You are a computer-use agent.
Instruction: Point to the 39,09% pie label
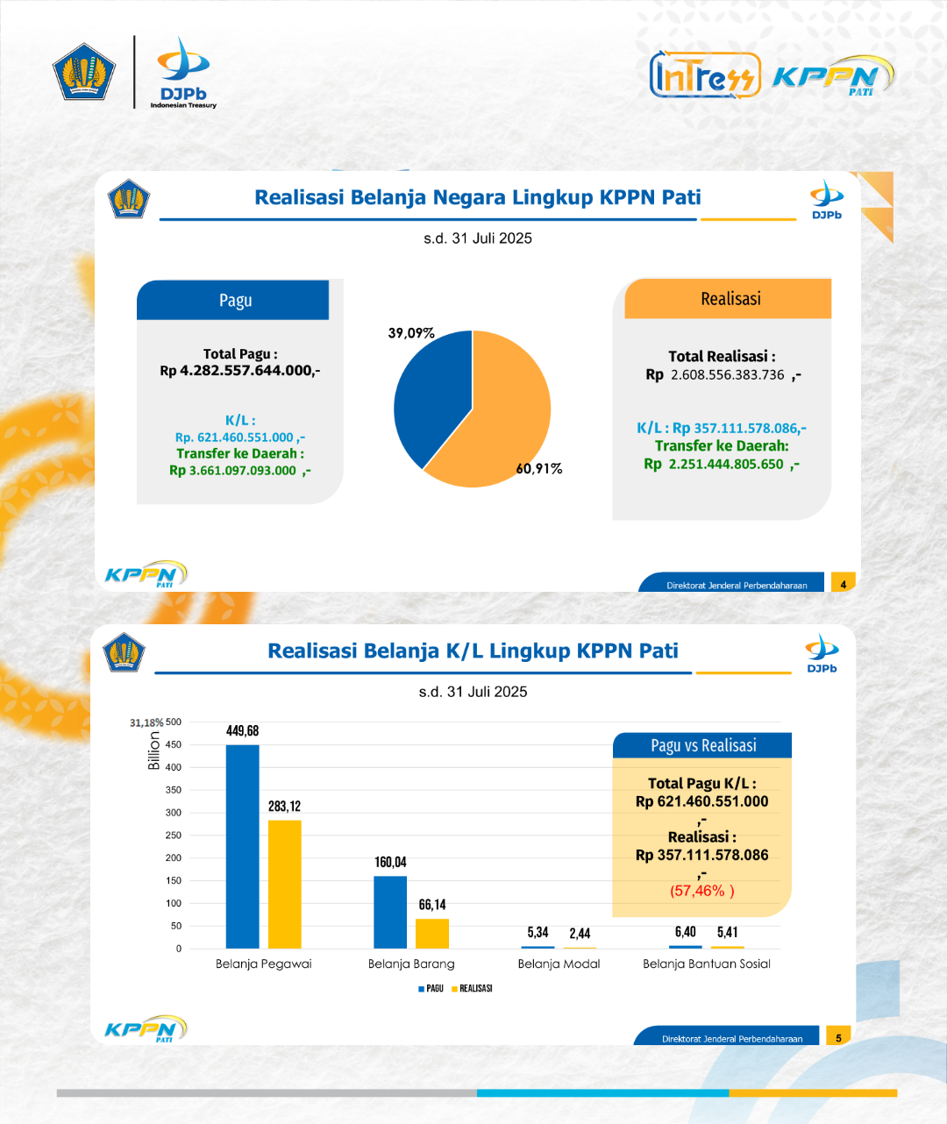(411, 333)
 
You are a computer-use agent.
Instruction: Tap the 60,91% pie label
(539, 469)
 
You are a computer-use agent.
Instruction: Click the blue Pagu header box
(232, 300)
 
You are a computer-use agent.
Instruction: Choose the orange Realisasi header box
(728, 298)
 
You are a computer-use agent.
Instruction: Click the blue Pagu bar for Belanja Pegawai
(242, 847)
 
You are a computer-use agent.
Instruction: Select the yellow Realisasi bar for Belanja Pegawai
(285, 885)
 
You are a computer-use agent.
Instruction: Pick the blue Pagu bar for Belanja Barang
(390, 913)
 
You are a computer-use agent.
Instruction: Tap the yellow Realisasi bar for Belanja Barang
(432, 934)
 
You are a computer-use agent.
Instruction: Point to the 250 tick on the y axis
(174, 836)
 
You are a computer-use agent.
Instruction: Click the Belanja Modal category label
(559, 964)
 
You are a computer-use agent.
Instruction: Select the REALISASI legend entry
(472, 988)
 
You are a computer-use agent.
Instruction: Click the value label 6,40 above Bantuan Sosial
(686, 932)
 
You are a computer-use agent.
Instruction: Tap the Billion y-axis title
(154, 751)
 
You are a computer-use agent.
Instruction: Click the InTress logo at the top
(705, 75)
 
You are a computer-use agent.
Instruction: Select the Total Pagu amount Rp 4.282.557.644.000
(240, 370)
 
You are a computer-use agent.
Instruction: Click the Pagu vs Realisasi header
(702, 745)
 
